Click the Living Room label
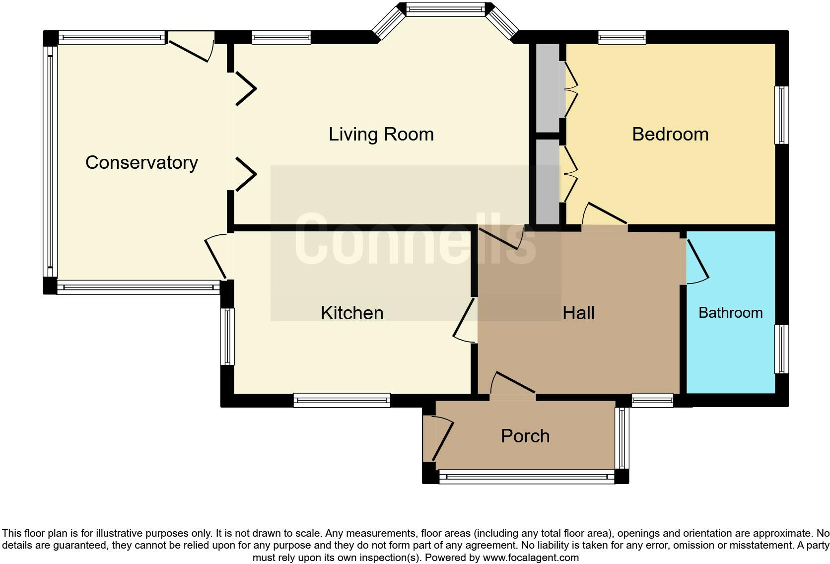pyautogui.click(x=381, y=134)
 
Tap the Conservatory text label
pyautogui.click(x=141, y=162)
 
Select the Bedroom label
pyautogui.click(x=670, y=134)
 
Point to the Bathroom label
pyautogui.click(x=730, y=313)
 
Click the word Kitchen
pyautogui.click(x=352, y=313)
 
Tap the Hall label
pyautogui.click(x=578, y=313)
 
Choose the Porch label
pyautogui.click(x=525, y=436)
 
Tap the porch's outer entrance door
pyautogui.click(x=442, y=440)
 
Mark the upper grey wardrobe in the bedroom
pyautogui.click(x=548, y=88)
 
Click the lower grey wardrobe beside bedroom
pyautogui.click(x=548, y=181)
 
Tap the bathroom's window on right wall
pyautogui.click(x=781, y=349)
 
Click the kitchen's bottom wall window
pyautogui.click(x=342, y=400)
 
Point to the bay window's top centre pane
pyautogui.click(x=445, y=9)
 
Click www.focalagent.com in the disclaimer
pyautogui.click(x=531, y=558)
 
